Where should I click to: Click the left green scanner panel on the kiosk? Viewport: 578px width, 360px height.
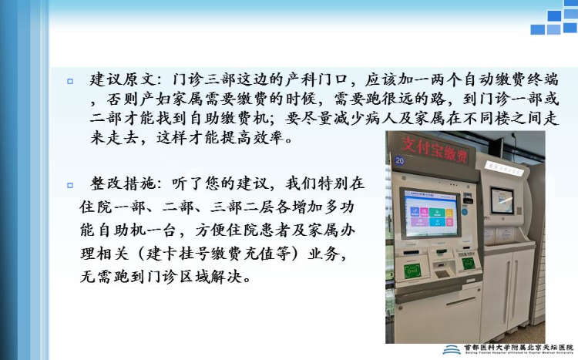click(x=412, y=271)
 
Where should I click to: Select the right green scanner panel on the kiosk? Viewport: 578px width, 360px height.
click(x=467, y=263)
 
